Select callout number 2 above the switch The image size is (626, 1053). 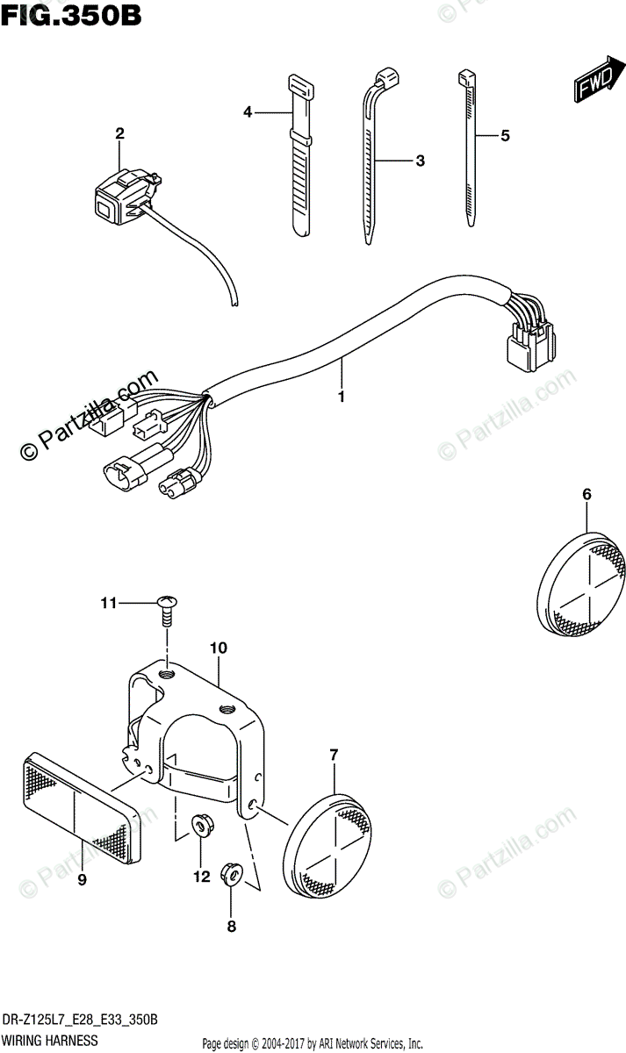[120, 133]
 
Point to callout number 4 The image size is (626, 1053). [248, 111]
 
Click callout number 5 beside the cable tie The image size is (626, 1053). [505, 135]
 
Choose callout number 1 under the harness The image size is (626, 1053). [341, 397]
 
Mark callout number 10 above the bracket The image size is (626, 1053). [219, 648]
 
